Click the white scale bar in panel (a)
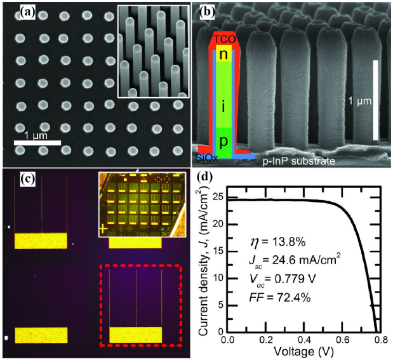click(x=38, y=143)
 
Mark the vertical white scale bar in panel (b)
click(x=376, y=100)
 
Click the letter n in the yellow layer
click(x=223, y=55)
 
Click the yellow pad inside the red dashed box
click(x=135, y=335)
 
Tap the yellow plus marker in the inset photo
click(x=102, y=227)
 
